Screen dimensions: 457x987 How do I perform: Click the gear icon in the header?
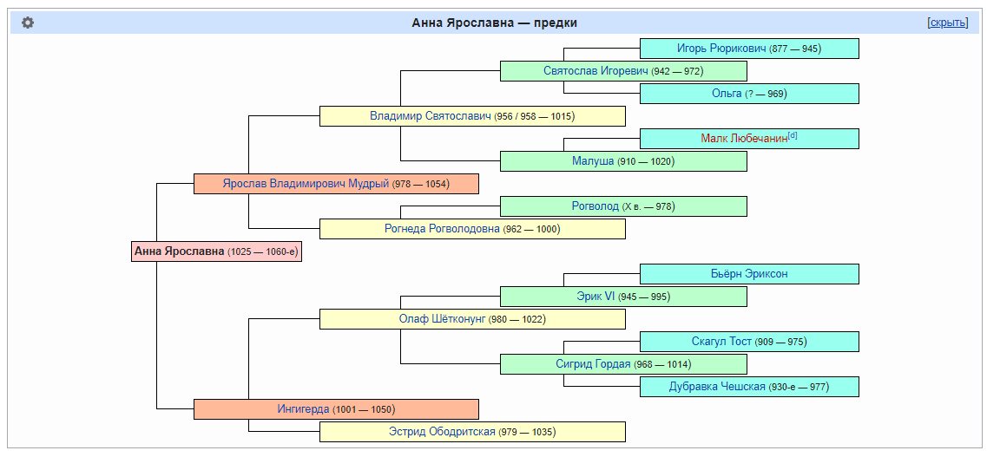click(x=28, y=23)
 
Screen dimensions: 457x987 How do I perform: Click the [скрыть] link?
click(x=947, y=23)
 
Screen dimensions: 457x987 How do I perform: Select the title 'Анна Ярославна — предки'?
click(x=494, y=23)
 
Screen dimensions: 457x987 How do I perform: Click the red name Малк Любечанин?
click(x=743, y=139)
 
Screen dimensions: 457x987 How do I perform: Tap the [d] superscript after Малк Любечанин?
click(x=793, y=135)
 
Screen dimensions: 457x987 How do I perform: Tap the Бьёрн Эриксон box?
click(x=748, y=274)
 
